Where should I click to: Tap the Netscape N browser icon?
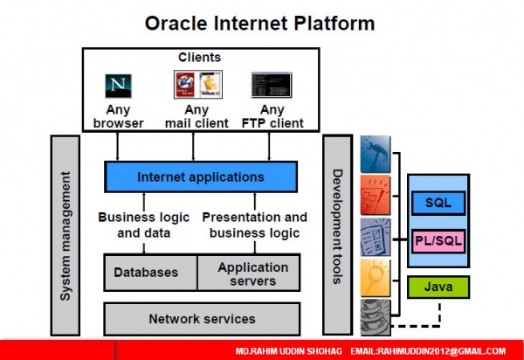point(118,86)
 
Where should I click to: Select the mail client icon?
point(197,86)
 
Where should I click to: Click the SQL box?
point(438,202)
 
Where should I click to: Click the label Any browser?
point(118,116)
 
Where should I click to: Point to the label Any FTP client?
point(272,116)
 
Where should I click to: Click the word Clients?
point(200,58)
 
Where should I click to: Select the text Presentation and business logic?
point(255,225)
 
